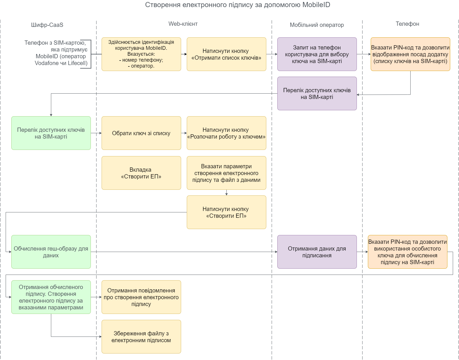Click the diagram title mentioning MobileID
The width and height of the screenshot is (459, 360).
pos(237,5)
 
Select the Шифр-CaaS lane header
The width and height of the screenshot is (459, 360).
pos(47,25)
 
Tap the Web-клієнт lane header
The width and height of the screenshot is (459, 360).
pos(183,24)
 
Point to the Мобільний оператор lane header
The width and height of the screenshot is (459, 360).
pos(317,25)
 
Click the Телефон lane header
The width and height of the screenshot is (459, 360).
pos(407,24)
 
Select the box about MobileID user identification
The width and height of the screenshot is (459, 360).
pos(141,54)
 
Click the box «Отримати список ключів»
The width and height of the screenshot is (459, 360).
pos(226,54)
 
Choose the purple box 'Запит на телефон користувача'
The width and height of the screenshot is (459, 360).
pos(317,54)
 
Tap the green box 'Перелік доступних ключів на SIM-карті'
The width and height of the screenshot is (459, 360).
pos(51,133)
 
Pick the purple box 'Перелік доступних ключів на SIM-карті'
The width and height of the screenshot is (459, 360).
pos(317,94)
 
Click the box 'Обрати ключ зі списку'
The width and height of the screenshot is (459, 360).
pos(141,133)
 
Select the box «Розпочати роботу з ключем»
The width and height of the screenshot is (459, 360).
pos(226,133)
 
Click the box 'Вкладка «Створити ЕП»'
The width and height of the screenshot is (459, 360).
pos(141,173)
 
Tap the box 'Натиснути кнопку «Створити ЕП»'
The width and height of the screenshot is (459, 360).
pos(226,212)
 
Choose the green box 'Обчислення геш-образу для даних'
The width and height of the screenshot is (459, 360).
pos(51,252)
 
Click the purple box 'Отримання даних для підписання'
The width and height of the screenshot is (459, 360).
pos(317,252)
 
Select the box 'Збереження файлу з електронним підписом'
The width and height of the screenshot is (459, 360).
pos(141,337)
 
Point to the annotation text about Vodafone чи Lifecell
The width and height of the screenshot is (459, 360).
pos(56,53)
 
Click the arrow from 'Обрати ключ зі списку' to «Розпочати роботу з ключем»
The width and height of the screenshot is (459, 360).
pos(184,133)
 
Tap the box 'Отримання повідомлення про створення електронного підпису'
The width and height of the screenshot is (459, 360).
pos(141,297)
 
